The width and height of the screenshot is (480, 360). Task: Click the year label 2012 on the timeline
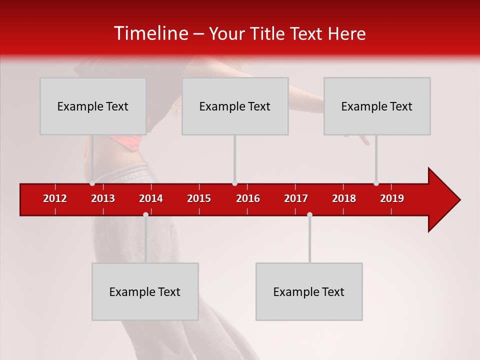click(55, 198)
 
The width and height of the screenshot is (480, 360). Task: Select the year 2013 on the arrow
click(103, 198)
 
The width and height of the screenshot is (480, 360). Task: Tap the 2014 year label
click(151, 198)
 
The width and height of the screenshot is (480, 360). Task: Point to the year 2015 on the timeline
click(199, 198)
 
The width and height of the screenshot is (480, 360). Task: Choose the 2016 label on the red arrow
click(248, 198)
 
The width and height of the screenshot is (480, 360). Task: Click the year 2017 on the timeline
click(296, 198)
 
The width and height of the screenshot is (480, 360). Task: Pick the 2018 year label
click(344, 198)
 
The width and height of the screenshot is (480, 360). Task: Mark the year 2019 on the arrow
click(392, 198)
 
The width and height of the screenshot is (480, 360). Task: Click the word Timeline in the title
click(150, 33)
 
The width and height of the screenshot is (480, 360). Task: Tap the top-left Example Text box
click(93, 106)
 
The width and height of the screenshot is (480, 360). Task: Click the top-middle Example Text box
click(235, 106)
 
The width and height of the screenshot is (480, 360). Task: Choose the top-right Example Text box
click(377, 106)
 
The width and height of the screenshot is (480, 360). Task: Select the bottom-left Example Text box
click(145, 291)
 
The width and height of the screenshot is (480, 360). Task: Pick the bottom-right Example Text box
click(309, 291)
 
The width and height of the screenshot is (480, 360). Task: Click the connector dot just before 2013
click(92, 183)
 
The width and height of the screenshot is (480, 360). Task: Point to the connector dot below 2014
click(145, 214)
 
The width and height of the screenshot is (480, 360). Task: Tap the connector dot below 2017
click(309, 214)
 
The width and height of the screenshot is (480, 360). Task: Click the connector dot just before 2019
click(376, 183)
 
